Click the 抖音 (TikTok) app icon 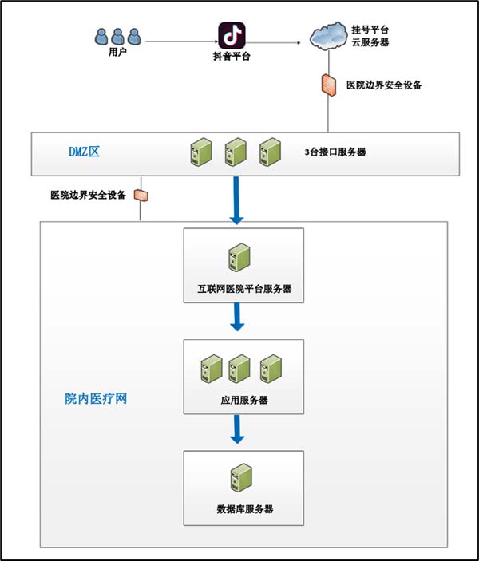pyautogui.click(x=232, y=35)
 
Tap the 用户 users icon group pyautogui.click(x=117, y=37)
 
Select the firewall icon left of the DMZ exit pyautogui.click(x=141, y=194)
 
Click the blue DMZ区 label pyautogui.click(x=83, y=151)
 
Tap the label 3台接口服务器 pyautogui.click(x=335, y=151)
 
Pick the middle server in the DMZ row pyautogui.click(x=236, y=152)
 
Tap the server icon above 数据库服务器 pyautogui.click(x=236, y=479)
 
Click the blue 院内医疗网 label pyautogui.click(x=96, y=398)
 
